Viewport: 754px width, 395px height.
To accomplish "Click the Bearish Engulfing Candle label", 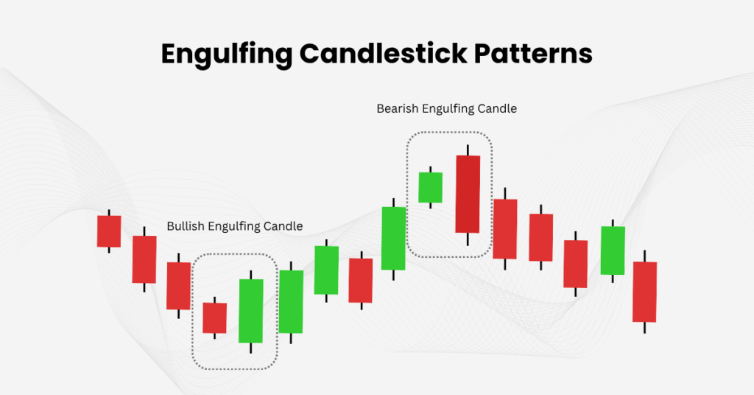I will click(446, 108).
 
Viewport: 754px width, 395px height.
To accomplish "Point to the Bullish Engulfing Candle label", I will click(234, 226).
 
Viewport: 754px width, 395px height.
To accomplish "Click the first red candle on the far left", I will click(109, 231).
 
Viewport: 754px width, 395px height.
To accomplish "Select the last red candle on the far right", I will click(644, 292).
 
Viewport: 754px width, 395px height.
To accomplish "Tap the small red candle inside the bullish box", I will click(215, 318).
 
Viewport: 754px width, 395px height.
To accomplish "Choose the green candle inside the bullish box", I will click(251, 310).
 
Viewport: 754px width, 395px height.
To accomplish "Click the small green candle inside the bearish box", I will click(430, 187).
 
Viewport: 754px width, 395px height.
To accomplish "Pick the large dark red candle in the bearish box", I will click(468, 194).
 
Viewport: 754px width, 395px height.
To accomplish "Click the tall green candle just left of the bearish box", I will click(394, 237).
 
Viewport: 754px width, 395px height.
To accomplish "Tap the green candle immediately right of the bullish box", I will click(291, 301).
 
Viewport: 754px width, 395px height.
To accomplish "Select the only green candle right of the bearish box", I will click(613, 251).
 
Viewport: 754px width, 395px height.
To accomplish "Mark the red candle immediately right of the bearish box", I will click(505, 228).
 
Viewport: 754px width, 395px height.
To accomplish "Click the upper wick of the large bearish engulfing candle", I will click(468, 150).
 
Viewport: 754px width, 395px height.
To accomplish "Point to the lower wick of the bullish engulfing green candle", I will click(251, 348).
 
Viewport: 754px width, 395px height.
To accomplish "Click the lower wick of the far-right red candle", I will click(644, 328).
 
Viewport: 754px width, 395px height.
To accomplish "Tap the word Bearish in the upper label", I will click(397, 108).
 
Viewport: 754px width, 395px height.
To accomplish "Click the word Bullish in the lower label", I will click(185, 226).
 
